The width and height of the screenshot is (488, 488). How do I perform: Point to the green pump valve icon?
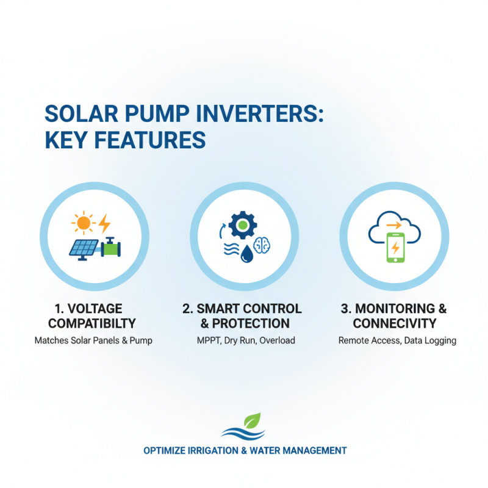pos(110,247)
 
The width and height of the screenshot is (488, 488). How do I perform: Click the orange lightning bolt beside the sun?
pos(104,222)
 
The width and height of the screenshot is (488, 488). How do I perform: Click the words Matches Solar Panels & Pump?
pos(93,340)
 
